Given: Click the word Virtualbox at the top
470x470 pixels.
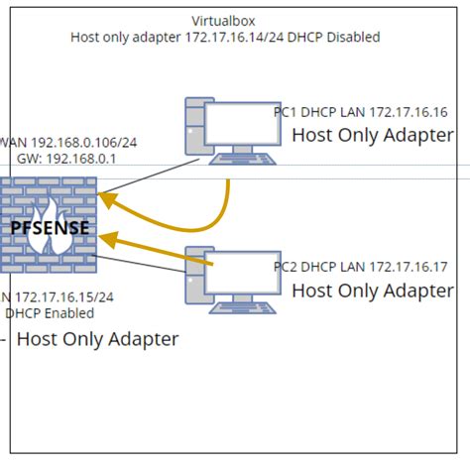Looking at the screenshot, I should [225, 21].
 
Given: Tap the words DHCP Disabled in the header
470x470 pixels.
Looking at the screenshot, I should [342, 37].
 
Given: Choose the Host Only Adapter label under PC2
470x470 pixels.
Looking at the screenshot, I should [373, 291].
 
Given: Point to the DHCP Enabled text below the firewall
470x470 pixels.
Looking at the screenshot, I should [50, 313].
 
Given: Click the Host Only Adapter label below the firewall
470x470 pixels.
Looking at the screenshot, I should [97, 340].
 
